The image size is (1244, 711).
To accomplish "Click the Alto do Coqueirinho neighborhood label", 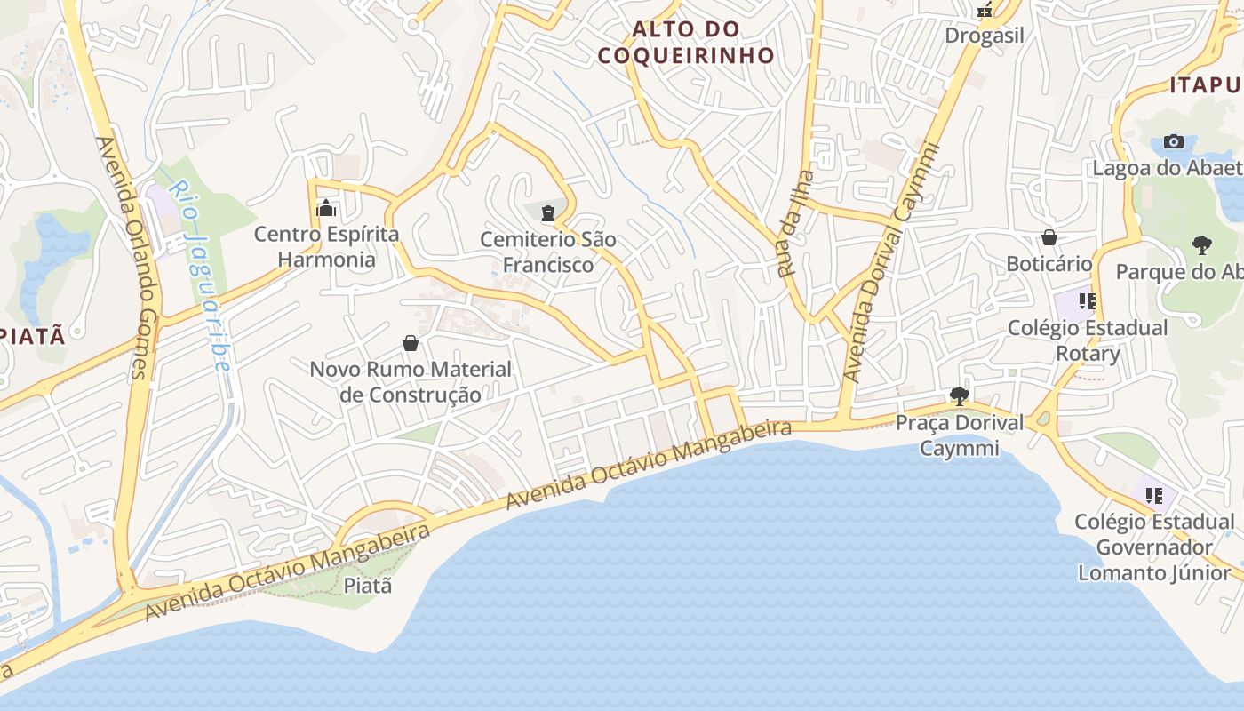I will (x=685, y=42).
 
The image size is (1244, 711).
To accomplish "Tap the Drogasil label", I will (x=985, y=36).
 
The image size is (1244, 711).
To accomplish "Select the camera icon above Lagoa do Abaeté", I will (x=1174, y=141).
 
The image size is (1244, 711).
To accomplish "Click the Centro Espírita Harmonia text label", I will (x=326, y=247).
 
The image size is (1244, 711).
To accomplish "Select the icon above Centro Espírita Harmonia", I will (x=326, y=209).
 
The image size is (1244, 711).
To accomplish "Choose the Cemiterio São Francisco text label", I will (x=548, y=252).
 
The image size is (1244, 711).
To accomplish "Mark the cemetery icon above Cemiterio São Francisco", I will (x=548, y=212).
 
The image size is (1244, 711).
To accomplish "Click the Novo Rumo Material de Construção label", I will (x=411, y=382).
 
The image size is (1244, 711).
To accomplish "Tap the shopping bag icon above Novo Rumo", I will (x=411, y=343).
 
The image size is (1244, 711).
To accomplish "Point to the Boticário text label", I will (x=1049, y=264).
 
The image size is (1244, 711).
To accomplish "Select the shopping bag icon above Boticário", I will (x=1049, y=237).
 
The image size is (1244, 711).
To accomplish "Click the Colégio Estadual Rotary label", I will (x=1088, y=340).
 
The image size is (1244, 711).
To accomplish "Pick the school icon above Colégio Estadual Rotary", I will (x=1087, y=301).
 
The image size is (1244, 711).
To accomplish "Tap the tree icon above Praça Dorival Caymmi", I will (x=959, y=395).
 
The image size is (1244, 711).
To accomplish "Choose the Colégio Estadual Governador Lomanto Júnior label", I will (x=1154, y=547).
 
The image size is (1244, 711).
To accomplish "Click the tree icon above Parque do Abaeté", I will (x=1202, y=244).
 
